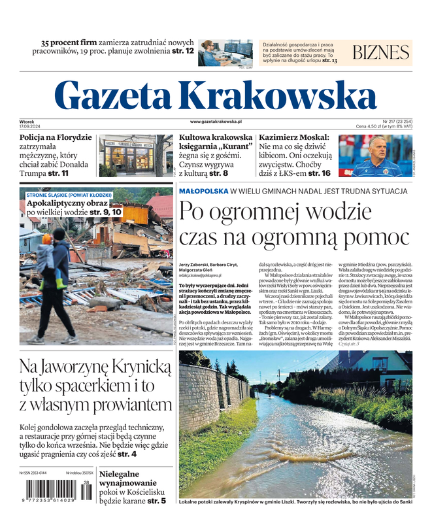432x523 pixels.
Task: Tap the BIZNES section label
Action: tap(380, 53)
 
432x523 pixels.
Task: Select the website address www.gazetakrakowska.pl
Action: tap(216, 122)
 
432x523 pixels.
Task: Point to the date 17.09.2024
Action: tap(30, 127)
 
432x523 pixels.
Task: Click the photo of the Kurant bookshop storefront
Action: tap(136, 155)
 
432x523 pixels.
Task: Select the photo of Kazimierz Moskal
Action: tap(374, 156)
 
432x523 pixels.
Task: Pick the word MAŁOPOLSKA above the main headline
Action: tap(203, 191)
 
